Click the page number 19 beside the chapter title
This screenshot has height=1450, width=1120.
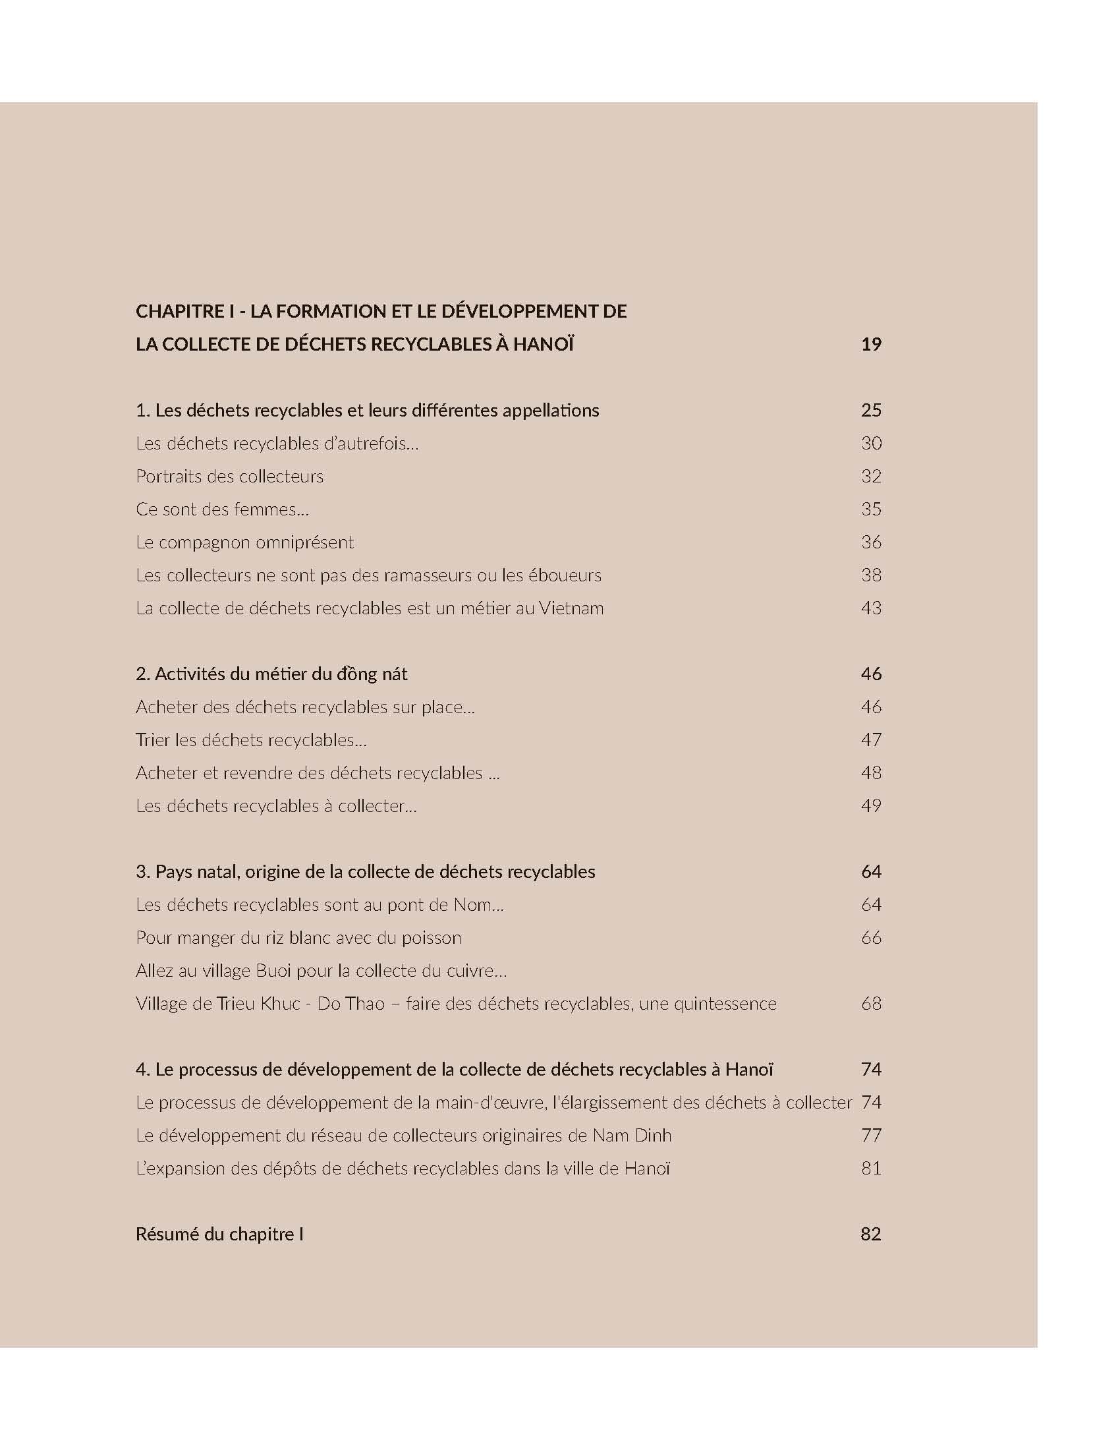coord(870,344)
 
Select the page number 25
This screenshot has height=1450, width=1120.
coord(870,411)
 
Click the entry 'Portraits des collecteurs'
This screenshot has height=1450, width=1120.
coord(229,476)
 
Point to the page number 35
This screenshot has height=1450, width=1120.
coord(870,509)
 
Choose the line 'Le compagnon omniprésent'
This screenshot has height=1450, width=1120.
coord(245,542)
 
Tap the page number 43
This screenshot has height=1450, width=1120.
coord(870,608)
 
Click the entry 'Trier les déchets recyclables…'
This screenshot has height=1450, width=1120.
coord(252,739)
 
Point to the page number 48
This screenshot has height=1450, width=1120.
coord(870,773)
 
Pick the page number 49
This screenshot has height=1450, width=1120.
coord(870,806)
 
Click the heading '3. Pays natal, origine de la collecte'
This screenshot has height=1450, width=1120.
coord(365,872)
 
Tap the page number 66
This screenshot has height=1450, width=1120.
coord(870,937)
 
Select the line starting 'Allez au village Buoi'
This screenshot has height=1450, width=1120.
coord(321,971)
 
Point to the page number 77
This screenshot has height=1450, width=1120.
coord(870,1136)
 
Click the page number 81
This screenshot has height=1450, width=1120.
coord(870,1169)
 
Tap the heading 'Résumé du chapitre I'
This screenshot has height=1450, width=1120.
coord(219,1234)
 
